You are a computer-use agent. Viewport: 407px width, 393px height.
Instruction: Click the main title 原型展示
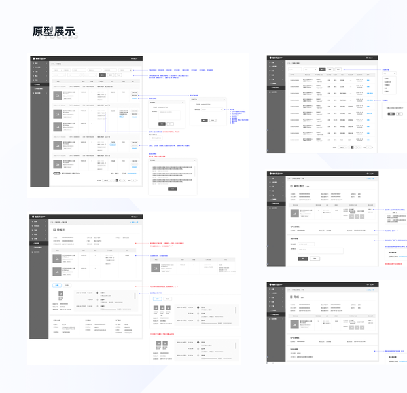click(x=54, y=31)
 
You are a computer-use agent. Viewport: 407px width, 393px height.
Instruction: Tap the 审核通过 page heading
click(x=300, y=187)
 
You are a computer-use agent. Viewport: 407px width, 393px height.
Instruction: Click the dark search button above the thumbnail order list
click(x=103, y=75)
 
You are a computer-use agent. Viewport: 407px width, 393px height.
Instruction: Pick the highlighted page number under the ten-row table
click(x=353, y=147)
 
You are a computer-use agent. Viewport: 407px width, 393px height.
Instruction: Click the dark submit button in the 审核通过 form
click(x=302, y=259)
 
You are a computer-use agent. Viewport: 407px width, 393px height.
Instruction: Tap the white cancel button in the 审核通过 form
click(x=315, y=259)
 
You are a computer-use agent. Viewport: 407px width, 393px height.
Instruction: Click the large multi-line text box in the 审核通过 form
click(x=311, y=250)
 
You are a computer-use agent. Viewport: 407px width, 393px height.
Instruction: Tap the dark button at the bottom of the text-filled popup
click(x=173, y=189)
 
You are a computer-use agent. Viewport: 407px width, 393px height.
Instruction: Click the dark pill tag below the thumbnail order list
click(x=57, y=174)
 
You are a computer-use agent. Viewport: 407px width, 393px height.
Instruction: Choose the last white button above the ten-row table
click(x=338, y=69)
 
